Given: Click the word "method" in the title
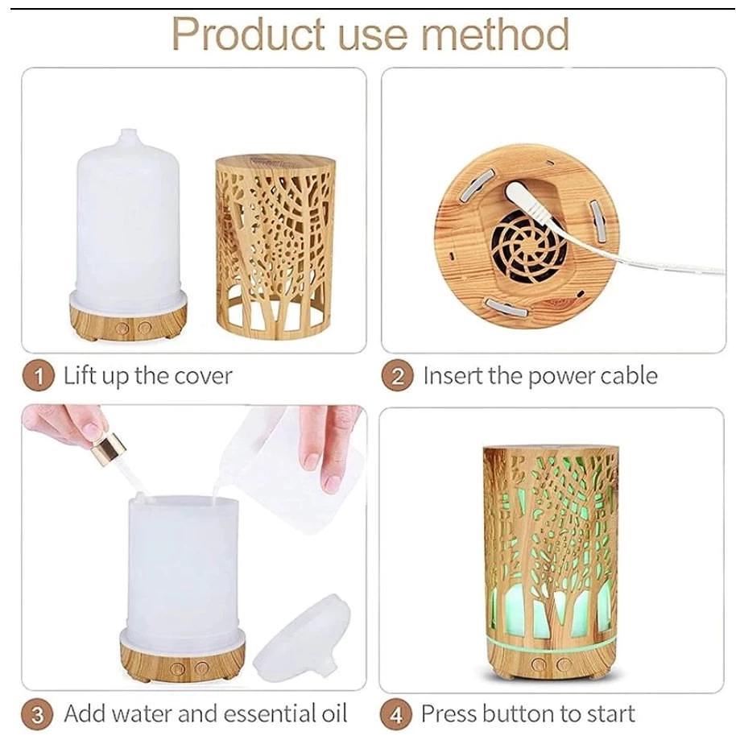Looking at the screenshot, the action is point(495,34).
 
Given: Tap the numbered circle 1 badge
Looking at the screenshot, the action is point(39,376).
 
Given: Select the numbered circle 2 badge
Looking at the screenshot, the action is point(397,376).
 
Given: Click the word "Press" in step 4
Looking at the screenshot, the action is point(449,713).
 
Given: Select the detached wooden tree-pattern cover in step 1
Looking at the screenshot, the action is point(275,247).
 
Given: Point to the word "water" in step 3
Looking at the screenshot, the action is point(143,713).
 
